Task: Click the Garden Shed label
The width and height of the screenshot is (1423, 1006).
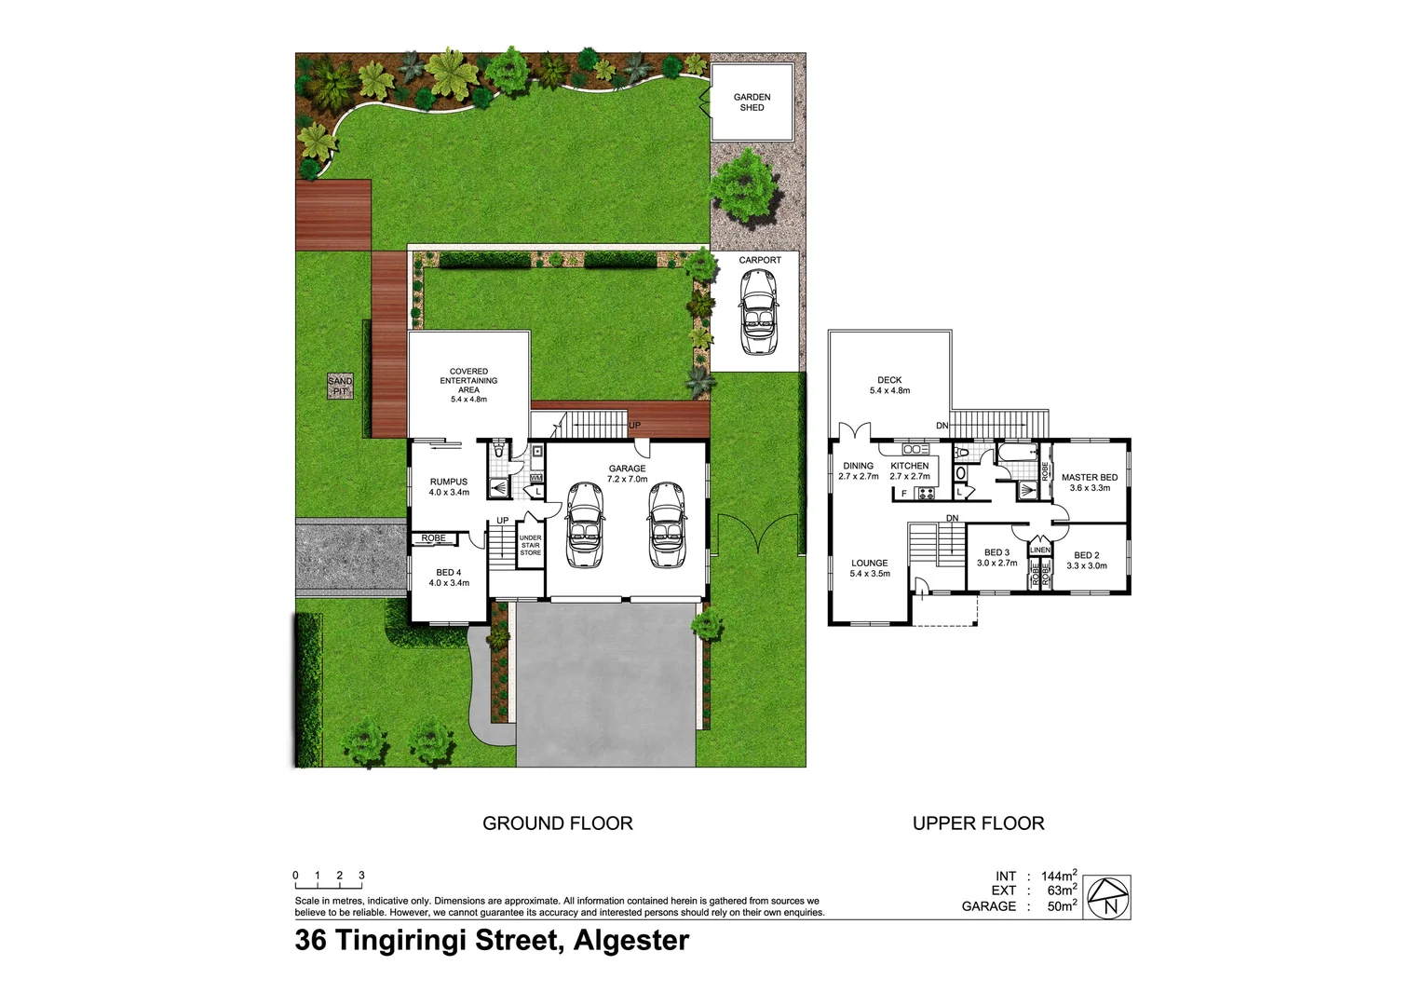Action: [x=752, y=102]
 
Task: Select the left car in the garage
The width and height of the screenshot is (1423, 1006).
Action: [x=584, y=524]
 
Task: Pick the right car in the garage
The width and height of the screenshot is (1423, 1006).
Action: [x=667, y=524]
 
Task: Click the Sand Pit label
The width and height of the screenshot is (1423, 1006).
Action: [x=340, y=386]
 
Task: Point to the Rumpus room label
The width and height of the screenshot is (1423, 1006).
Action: [x=449, y=486]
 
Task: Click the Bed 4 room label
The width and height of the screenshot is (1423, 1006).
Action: [x=449, y=578]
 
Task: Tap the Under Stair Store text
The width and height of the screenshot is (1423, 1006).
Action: [x=530, y=545]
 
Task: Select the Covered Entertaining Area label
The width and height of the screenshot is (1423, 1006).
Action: [x=468, y=385]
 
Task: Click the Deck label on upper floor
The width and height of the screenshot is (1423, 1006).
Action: [x=889, y=385]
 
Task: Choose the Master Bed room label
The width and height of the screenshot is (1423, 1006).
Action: [x=1090, y=482]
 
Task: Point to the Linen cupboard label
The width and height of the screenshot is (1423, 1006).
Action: [x=1040, y=550]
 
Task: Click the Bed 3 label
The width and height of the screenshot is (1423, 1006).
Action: [x=996, y=557]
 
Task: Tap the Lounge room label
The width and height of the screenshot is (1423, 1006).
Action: [x=870, y=567]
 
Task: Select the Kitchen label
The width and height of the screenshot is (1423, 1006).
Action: [x=910, y=470]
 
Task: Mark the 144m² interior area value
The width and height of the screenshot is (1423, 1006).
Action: [x=1059, y=876]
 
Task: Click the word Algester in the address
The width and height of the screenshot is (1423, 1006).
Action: [x=631, y=941]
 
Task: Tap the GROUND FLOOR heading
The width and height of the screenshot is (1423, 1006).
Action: [x=557, y=823]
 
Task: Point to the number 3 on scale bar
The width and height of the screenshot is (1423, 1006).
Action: [x=361, y=876]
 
